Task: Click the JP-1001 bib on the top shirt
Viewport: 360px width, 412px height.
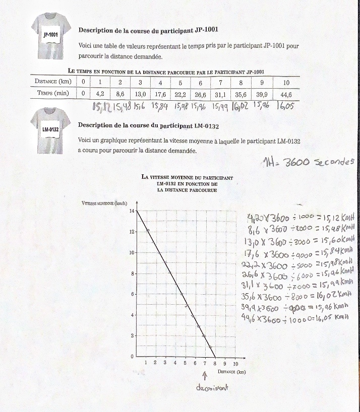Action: tap(51, 35)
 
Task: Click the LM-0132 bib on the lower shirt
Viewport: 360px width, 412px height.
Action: tap(51, 129)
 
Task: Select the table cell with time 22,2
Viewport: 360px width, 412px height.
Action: tap(181, 94)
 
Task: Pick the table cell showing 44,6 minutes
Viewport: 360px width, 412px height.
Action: tap(286, 94)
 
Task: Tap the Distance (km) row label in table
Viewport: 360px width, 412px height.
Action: tap(53, 82)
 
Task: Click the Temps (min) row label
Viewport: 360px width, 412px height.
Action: tap(53, 94)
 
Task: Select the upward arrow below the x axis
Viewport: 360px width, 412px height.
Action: tap(205, 376)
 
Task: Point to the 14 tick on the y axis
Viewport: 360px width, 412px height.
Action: tap(132, 211)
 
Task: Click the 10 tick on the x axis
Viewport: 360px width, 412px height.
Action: tap(235, 363)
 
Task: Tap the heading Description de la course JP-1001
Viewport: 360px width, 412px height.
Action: tap(148, 30)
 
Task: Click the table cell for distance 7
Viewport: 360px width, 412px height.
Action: tap(220, 82)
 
